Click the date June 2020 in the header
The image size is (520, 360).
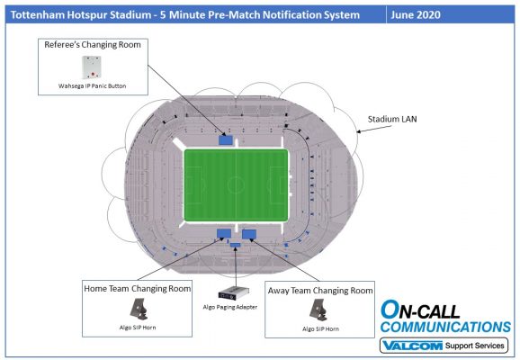(416, 15)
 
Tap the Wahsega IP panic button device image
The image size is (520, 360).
(92, 67)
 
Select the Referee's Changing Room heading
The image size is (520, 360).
(93, 45)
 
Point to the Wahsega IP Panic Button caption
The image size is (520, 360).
(92, 85)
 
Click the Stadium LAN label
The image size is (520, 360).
(392, 119)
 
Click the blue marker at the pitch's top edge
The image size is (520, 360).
(226, 139)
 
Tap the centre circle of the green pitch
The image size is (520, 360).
(236, 184)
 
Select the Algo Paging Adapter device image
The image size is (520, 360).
(234, 293)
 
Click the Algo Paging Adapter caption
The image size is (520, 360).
(230, 307)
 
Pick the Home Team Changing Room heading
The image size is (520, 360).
(138, 289)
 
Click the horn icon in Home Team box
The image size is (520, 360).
(139, 310)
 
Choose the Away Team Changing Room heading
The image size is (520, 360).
(320, 291)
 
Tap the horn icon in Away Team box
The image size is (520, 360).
(318, 310)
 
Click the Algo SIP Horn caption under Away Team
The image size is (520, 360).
(320, 328)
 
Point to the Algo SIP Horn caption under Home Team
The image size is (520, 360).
(138, 328)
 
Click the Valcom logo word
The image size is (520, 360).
(412, 346)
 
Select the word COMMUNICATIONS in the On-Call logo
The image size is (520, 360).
(445, 327)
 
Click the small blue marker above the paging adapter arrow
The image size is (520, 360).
(235, 245)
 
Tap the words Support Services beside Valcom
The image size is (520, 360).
(474, 346)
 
